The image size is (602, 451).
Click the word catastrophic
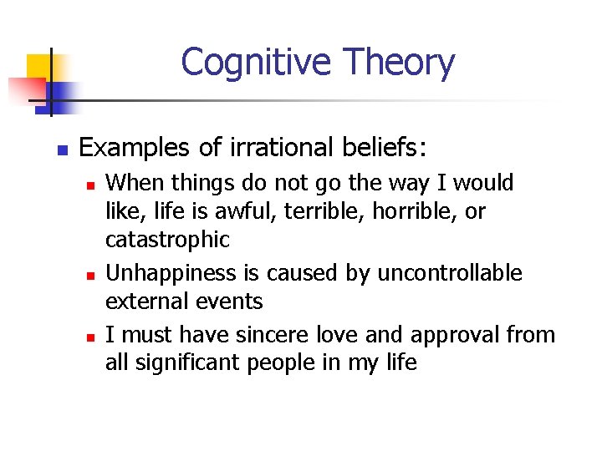[167, 241]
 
